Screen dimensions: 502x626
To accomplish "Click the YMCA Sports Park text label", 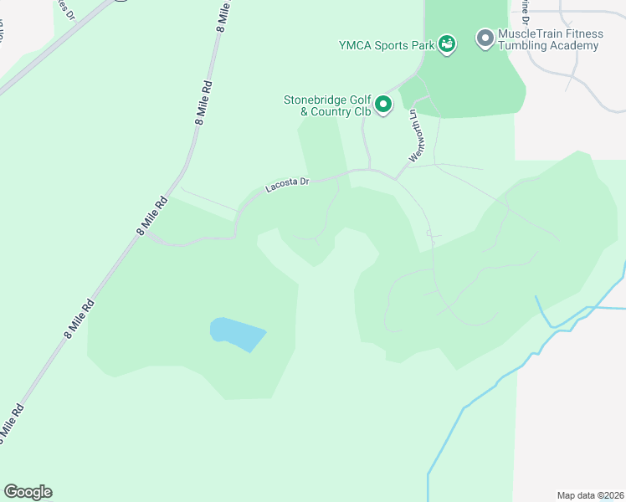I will pos(386,45).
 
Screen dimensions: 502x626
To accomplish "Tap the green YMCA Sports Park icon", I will pos(448,44).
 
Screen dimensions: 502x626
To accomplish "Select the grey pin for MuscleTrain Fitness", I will pos(485,38).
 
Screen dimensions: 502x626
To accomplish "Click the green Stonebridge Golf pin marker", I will pos(383,105).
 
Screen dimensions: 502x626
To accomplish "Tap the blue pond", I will pos(237,334).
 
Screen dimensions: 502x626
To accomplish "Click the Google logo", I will pos(28,492).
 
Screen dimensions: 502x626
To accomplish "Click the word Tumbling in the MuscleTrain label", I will pos(526,45).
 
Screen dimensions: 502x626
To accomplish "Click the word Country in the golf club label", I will pos(331,111).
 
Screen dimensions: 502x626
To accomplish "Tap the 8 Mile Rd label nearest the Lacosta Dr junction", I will pos(149,219).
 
